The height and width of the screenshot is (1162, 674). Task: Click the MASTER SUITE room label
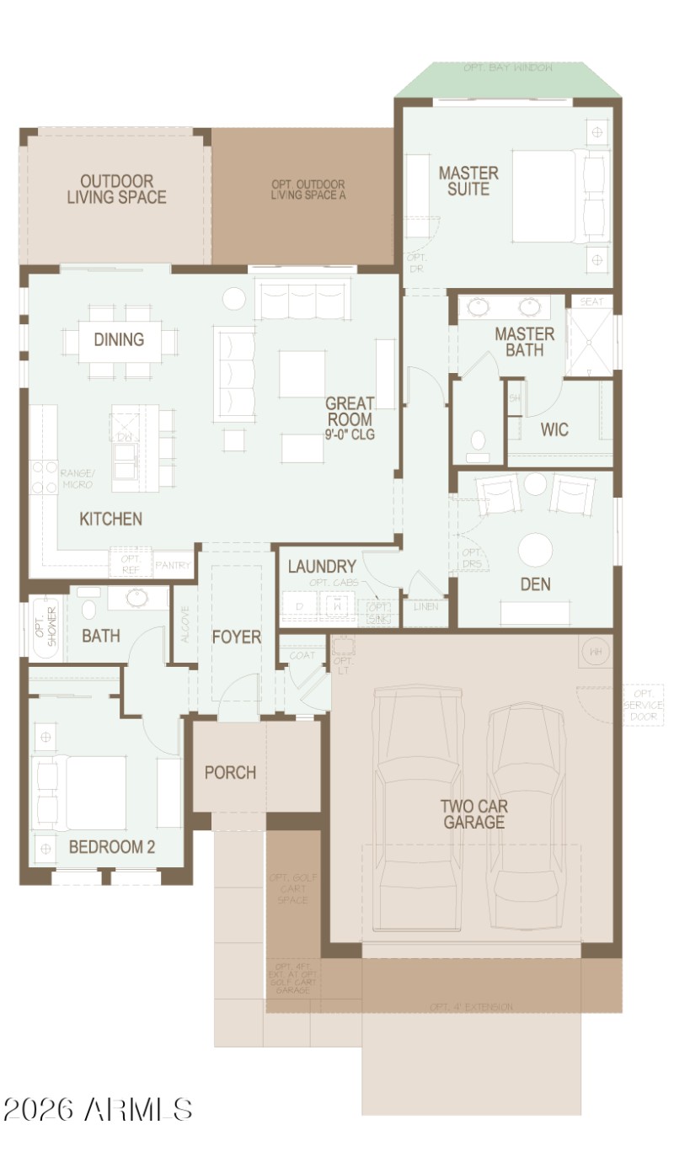click(468, 181)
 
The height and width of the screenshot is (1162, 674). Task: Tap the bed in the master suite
click(556, 196)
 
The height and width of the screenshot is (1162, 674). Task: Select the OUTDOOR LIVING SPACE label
click(116, 189)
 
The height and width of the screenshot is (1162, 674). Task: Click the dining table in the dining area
click(119, 340)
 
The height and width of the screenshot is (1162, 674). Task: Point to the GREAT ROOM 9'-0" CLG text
click(350, 418)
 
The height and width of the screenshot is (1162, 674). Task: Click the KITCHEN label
click(110, 519)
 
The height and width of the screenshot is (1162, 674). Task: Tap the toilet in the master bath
click(478, 444)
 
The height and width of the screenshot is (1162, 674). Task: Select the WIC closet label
click(554, 429)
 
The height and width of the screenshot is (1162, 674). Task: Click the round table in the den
click(535, 550)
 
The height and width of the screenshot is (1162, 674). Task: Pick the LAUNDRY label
click(322, 567)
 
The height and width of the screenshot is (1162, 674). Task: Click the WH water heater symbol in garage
click(596, 652)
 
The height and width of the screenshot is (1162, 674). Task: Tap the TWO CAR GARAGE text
click(473, 813)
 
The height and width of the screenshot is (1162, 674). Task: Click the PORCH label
click(230, 772)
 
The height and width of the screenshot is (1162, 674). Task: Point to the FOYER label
click(236, 637)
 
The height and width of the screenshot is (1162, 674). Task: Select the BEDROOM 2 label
click(112, 847)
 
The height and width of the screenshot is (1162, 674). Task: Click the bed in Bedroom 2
click(84, 793)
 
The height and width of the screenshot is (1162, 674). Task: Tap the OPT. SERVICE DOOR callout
click(644, 705)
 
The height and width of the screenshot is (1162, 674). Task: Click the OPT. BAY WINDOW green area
click(508, 80)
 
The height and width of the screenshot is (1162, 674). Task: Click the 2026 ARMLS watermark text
click(98, 1110)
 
